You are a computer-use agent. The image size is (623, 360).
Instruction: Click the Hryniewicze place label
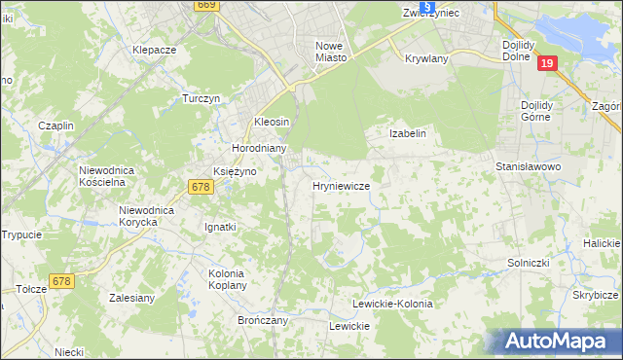pyautogui.click(x=340, y=185)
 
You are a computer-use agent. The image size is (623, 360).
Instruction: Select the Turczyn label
pyautogui.click(x=203, y=99)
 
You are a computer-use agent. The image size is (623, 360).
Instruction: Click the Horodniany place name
pyautogui.click(x=258, y=148)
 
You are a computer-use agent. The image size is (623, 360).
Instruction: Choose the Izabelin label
pyautogui.click(x=409, y=132)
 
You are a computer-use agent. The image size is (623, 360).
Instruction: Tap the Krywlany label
pyautogui.click(x=425, y=58)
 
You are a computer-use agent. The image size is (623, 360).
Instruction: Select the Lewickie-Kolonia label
pyautogui.click(x=392, y=304)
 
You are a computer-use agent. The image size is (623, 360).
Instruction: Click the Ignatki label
pyautogui.click(x=220, y=227)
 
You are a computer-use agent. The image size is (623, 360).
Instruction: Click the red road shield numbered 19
pyautogui.click(x=547, y=63)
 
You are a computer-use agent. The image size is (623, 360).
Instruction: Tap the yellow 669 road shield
pyautogui.click(x=204, y=5)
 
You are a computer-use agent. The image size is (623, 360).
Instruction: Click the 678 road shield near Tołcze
pyautogui.click(x=61, y=281)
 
